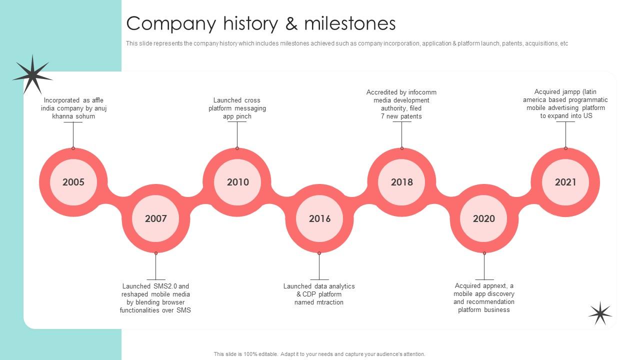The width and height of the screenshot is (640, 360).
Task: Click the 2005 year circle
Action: click(73, 182)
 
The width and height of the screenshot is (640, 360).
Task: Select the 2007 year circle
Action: click(155, 218)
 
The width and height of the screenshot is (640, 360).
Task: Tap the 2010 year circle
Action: click(237, 182)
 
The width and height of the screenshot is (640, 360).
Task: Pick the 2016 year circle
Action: click(319, 218)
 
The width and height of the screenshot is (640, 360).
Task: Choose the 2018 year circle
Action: click(401, 182)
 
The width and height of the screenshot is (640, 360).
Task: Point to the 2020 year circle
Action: click(483, 218)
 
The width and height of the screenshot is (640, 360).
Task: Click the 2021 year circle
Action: click(565, 182)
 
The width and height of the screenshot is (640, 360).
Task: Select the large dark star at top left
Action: click(32, 75)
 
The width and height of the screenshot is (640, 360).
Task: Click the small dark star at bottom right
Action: click(600, 313)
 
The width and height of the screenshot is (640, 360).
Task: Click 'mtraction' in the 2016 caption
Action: click(330, 302)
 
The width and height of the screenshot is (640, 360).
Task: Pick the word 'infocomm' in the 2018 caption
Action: click(422, 92)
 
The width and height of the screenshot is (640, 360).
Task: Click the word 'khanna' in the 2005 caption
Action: click(62, 116)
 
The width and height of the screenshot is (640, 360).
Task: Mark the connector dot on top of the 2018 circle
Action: click(401, 148)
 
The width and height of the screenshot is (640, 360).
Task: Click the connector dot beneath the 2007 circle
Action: click(155, 253)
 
